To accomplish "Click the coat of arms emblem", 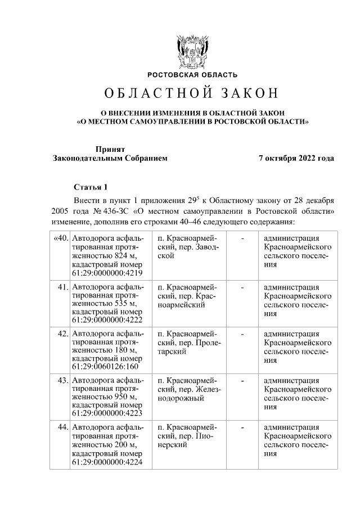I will (x=192, y=51).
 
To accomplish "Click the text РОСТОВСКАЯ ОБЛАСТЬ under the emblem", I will (x=192, y=75).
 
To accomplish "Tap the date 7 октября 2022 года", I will (x=296, y=157).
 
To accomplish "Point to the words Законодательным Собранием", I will (x=110, y=158).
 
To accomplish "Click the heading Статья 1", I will (x=89, y=187).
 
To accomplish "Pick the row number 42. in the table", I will (x=63, y=334).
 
